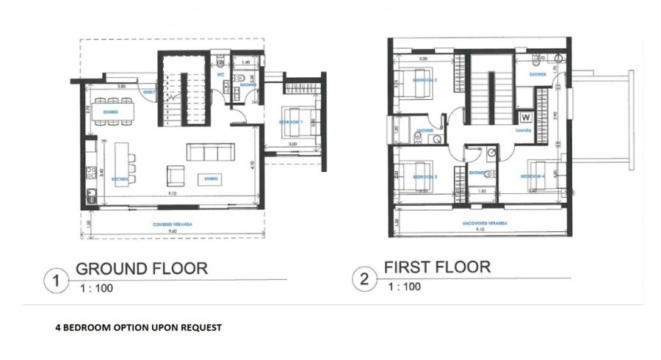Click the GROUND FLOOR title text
coord(142,268)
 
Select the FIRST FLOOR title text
coord(436,267)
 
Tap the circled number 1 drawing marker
coord(53,280)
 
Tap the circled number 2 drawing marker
coord(362,279)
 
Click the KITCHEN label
coord(120,179)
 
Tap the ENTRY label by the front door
coord(149,92)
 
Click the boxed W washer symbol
coord(525,117)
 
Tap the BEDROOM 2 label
coord(425,79)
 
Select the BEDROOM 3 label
coord(425,177)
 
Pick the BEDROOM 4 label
coord(532,177)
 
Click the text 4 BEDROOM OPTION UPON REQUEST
coord(138,327)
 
